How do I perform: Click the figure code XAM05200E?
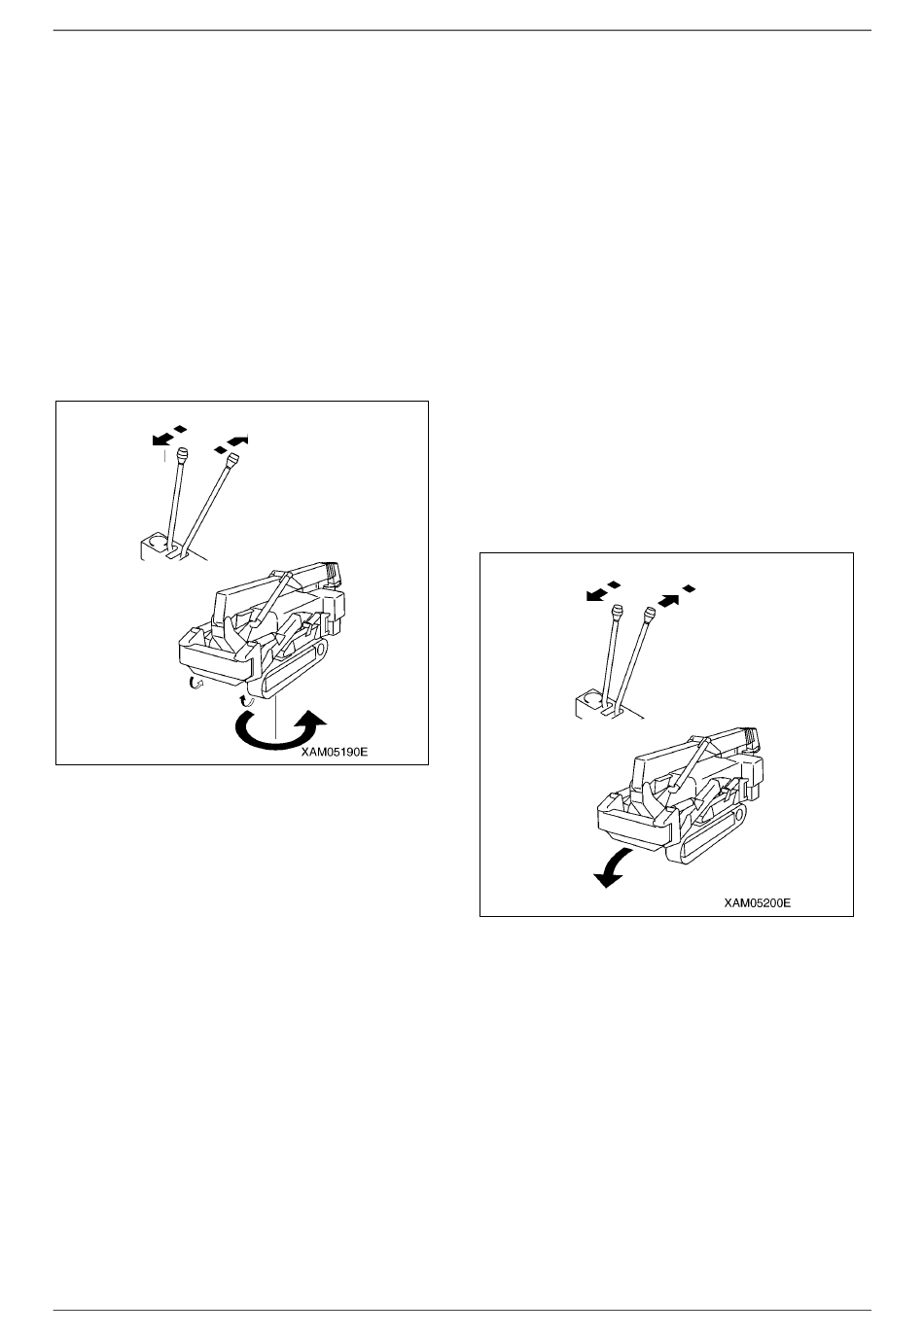pos(757,902)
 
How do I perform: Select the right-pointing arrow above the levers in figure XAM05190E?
pos(237,441)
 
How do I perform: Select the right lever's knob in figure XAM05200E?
pos(650,614)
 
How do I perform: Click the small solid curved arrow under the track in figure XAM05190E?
pos(246,697)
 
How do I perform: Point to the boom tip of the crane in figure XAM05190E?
pos(332,574)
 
